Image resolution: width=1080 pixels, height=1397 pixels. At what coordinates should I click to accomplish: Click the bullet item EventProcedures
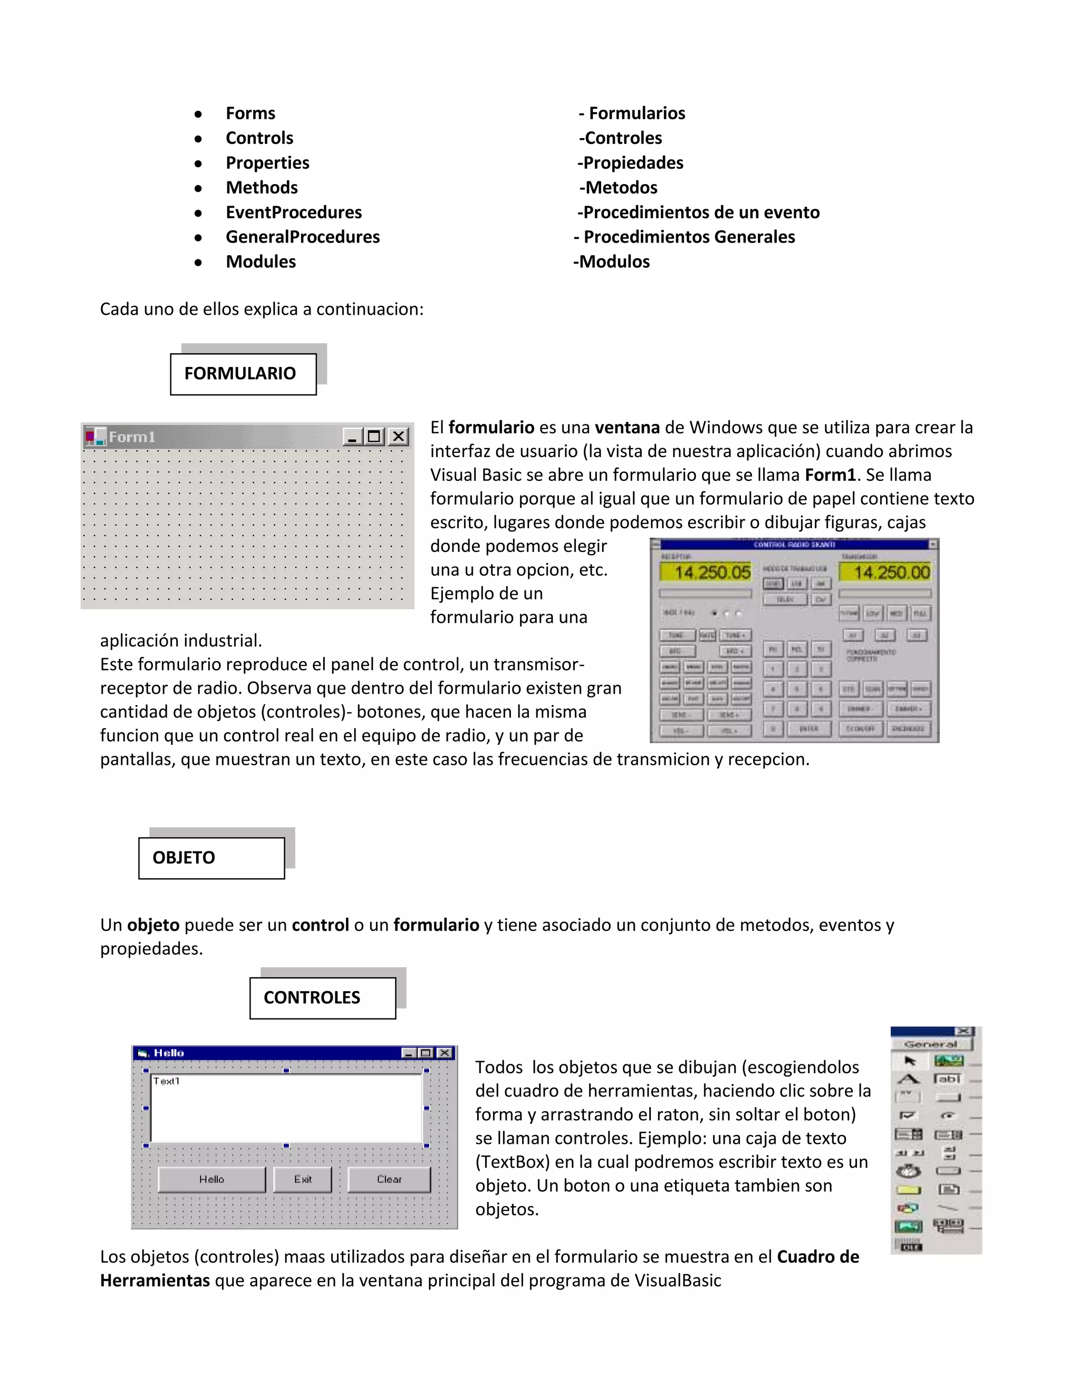pos(294,212)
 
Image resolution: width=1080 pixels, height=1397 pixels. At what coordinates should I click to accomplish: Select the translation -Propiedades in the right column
pos(630,163)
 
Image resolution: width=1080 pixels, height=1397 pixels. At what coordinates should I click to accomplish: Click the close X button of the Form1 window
pos(398,436)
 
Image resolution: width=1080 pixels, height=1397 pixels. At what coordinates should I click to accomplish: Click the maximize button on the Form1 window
pos(374,436)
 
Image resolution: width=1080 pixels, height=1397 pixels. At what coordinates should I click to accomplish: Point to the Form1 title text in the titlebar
pos(132,437)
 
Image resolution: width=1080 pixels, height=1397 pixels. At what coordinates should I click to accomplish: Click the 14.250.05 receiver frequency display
pos(705,572)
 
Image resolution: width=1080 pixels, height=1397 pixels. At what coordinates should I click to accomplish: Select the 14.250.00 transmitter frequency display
pos(885,572)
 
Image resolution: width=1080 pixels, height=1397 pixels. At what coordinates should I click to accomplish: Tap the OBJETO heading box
pos(211,858)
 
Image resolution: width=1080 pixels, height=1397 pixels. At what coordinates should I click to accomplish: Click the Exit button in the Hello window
pos(303,1179)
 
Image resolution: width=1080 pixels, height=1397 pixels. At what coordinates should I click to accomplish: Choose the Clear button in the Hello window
pos(389,1179)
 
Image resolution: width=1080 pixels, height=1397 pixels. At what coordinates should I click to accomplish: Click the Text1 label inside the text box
pos(166,1081)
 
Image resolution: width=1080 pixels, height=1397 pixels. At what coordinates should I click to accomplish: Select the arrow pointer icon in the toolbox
pos(909,1061)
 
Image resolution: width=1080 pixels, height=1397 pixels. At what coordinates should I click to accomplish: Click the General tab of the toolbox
pos(930,1044)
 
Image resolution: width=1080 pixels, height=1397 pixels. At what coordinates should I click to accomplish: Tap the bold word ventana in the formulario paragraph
pos(627,428)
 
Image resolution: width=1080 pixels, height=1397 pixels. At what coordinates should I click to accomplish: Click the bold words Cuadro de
pos(818,1257)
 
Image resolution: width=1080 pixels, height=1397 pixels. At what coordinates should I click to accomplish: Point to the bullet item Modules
pos(261,262)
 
